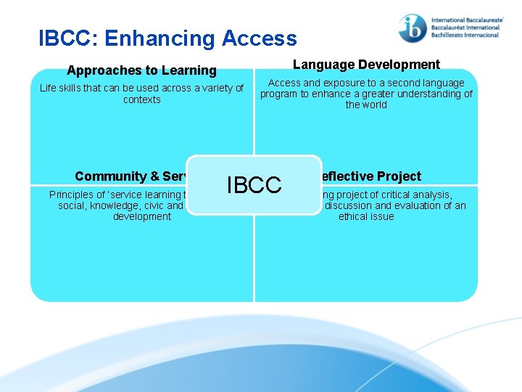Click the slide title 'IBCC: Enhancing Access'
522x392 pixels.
(x=167, y=38)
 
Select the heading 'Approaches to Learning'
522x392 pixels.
(x=141, y=70)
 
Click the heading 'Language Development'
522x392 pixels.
(x=366, y=65)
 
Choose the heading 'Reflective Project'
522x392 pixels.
(x=370, y=176)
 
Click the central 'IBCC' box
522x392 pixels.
(x=254, y=185)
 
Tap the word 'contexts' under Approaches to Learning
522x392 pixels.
(x=142, y=99)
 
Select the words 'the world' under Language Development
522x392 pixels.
(x=366, y=105)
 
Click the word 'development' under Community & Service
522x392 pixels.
(x=142, y=216)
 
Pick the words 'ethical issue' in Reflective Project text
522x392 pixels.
(x=366, y=216)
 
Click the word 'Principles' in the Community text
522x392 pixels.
(x=72, y=195)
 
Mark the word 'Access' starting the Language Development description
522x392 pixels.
(x=285, y=83)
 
